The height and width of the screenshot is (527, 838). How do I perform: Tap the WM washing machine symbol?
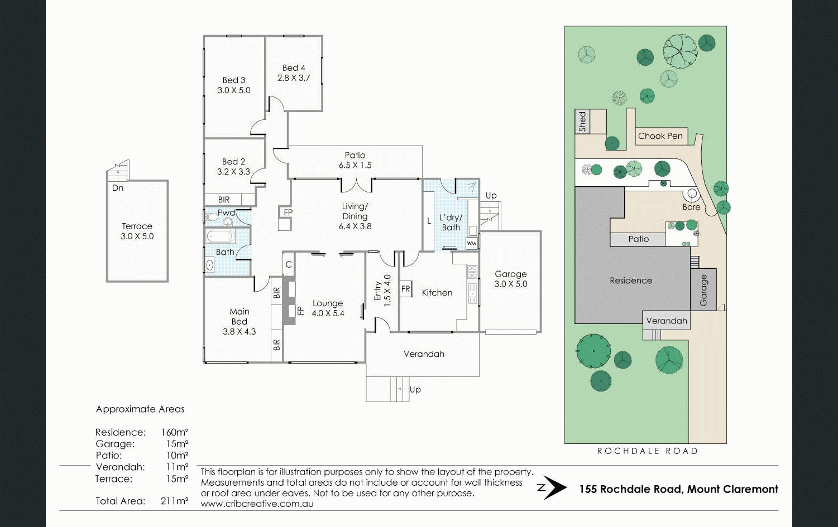click(471, 243)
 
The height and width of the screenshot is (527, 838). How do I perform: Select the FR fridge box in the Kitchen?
click(406, 289)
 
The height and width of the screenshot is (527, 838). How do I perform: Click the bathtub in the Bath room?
click(221, 236)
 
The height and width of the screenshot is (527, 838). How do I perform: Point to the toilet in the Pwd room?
click(212, 216)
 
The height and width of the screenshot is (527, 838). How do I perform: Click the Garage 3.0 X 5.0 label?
click(511, 279)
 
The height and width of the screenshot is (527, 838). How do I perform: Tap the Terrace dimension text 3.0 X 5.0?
click(137, 236)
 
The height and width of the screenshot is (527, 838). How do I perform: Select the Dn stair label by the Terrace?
click(117, 187)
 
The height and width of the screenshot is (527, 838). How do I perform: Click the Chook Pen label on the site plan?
click(660, 136)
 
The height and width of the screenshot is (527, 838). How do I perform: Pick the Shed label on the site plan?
click(582, 122)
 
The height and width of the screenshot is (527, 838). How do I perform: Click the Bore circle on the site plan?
click(692, 194)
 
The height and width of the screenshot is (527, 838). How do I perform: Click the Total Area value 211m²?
click(174, 501)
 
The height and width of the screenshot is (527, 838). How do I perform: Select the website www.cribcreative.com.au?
click(257, 504)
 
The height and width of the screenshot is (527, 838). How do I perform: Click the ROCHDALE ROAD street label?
click(648, 451)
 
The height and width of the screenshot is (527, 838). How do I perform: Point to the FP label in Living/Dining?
click(288, 212)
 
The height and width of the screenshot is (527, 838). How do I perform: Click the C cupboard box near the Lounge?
click(289, 264)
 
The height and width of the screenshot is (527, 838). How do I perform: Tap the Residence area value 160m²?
click(174, 432)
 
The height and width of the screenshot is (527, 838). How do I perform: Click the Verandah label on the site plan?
click(667, 321)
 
